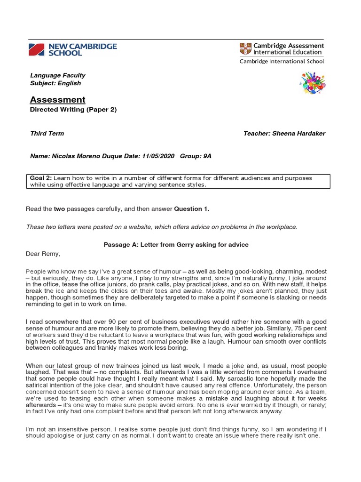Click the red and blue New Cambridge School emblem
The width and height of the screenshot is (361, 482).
[x=37, y=49]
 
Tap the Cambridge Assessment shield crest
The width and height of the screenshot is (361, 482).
[x=246, y=49]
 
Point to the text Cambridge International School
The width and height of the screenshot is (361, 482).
[x=282, y=61]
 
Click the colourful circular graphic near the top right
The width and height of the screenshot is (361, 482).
[x=313, y=83]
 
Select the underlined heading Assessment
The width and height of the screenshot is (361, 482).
[x=57, y=99]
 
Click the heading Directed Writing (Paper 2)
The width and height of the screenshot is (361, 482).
[x=73, y=110]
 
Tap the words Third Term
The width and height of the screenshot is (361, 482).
[x=47, y=133]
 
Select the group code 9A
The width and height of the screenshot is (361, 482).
[x=206, y=156]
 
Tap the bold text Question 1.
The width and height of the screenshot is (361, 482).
[x=191, y=209]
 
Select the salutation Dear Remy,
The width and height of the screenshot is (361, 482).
[x=43, y=254]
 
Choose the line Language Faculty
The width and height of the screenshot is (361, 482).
[x=57, y=75]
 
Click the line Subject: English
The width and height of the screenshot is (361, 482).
[x=55, y=83]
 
